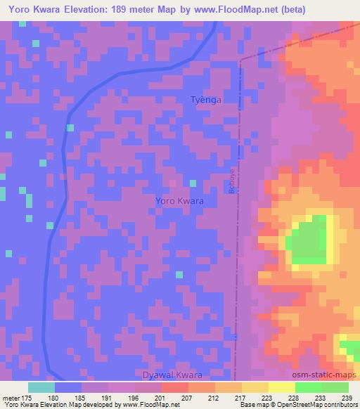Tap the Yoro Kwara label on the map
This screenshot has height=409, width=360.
179,201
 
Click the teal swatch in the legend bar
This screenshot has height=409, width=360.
41,387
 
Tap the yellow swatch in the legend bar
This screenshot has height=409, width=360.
282,387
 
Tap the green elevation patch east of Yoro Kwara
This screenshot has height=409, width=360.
309,243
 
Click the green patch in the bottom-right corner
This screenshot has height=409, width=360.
350,349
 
